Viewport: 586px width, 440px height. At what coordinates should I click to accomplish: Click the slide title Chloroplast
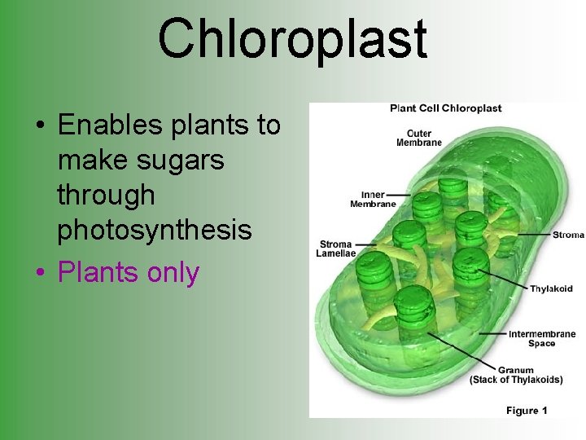tap(292, 38)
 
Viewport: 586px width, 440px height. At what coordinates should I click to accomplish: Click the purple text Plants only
tap(128, 272)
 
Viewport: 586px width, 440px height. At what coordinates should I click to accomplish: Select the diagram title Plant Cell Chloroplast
tap(445, 108)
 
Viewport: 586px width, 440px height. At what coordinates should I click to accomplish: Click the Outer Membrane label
tap(418, 139)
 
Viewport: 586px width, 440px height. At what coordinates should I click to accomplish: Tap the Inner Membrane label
tap(373, 200)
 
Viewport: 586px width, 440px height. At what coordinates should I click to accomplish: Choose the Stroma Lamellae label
tap(335, 249)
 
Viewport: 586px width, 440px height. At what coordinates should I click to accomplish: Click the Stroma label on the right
tap(568, 235)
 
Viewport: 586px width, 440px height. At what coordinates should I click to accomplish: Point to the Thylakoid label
tap(551, 288)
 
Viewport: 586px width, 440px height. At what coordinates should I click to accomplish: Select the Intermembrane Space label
tap(542, 338)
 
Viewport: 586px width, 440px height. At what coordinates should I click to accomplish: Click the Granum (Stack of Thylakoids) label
tap(516, 375)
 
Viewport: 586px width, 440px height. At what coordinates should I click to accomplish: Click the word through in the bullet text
tap(106, 196)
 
